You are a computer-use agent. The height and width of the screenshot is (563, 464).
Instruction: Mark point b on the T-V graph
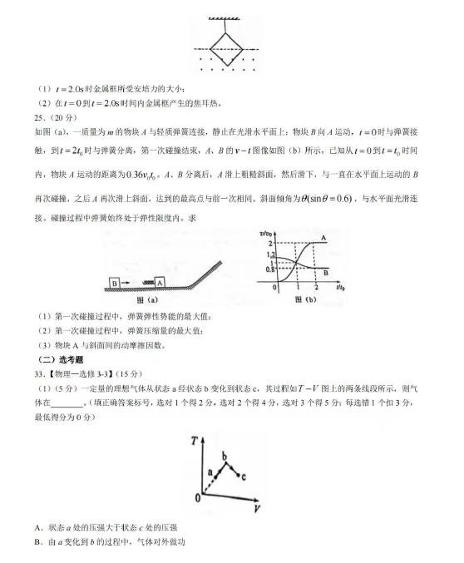click(x=224, y=456)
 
